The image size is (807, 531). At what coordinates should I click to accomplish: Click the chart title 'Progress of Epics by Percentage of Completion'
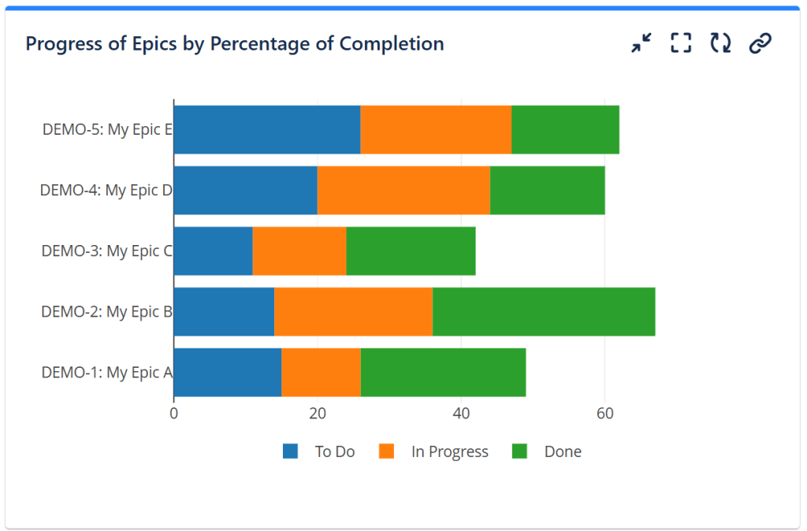(x=234, y=43)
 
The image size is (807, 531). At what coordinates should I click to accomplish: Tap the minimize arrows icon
(x=642, y=43)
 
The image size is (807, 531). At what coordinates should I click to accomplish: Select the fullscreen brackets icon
(x=681, y=43)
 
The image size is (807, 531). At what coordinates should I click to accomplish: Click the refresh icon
(x=720, y=43)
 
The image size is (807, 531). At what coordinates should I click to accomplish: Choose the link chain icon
(x=760, y=43)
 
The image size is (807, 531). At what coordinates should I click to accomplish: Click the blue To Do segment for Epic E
(x=266, y=129)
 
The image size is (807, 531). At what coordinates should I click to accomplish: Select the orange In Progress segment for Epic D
(x=403, y=190)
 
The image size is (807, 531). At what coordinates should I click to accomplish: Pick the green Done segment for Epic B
(x=544, y=311)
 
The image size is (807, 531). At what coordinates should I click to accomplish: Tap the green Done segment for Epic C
(x=411, y=251)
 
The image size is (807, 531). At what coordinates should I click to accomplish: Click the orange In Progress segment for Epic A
(x=321, y=372)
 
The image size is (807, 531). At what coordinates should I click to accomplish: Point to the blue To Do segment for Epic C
(x=213, y=251)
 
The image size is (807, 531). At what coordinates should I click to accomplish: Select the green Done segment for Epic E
(x=565, y=129)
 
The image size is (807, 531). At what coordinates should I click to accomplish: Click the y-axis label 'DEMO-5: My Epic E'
(x=107, y=130)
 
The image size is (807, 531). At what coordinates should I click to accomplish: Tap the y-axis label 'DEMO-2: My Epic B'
(x=106, y=312)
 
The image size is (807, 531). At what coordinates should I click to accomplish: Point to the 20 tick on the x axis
(x=318, y=413)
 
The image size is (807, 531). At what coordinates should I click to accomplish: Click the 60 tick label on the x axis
(x=604, y=413)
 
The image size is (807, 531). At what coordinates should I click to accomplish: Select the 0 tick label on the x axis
(x=174, y=413)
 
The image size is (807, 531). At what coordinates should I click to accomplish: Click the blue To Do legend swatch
(x=291, y=451)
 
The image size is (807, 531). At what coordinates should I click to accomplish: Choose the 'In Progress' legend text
(x=449, y=451)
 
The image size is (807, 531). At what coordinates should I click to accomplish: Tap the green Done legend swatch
(x=519, y=451)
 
